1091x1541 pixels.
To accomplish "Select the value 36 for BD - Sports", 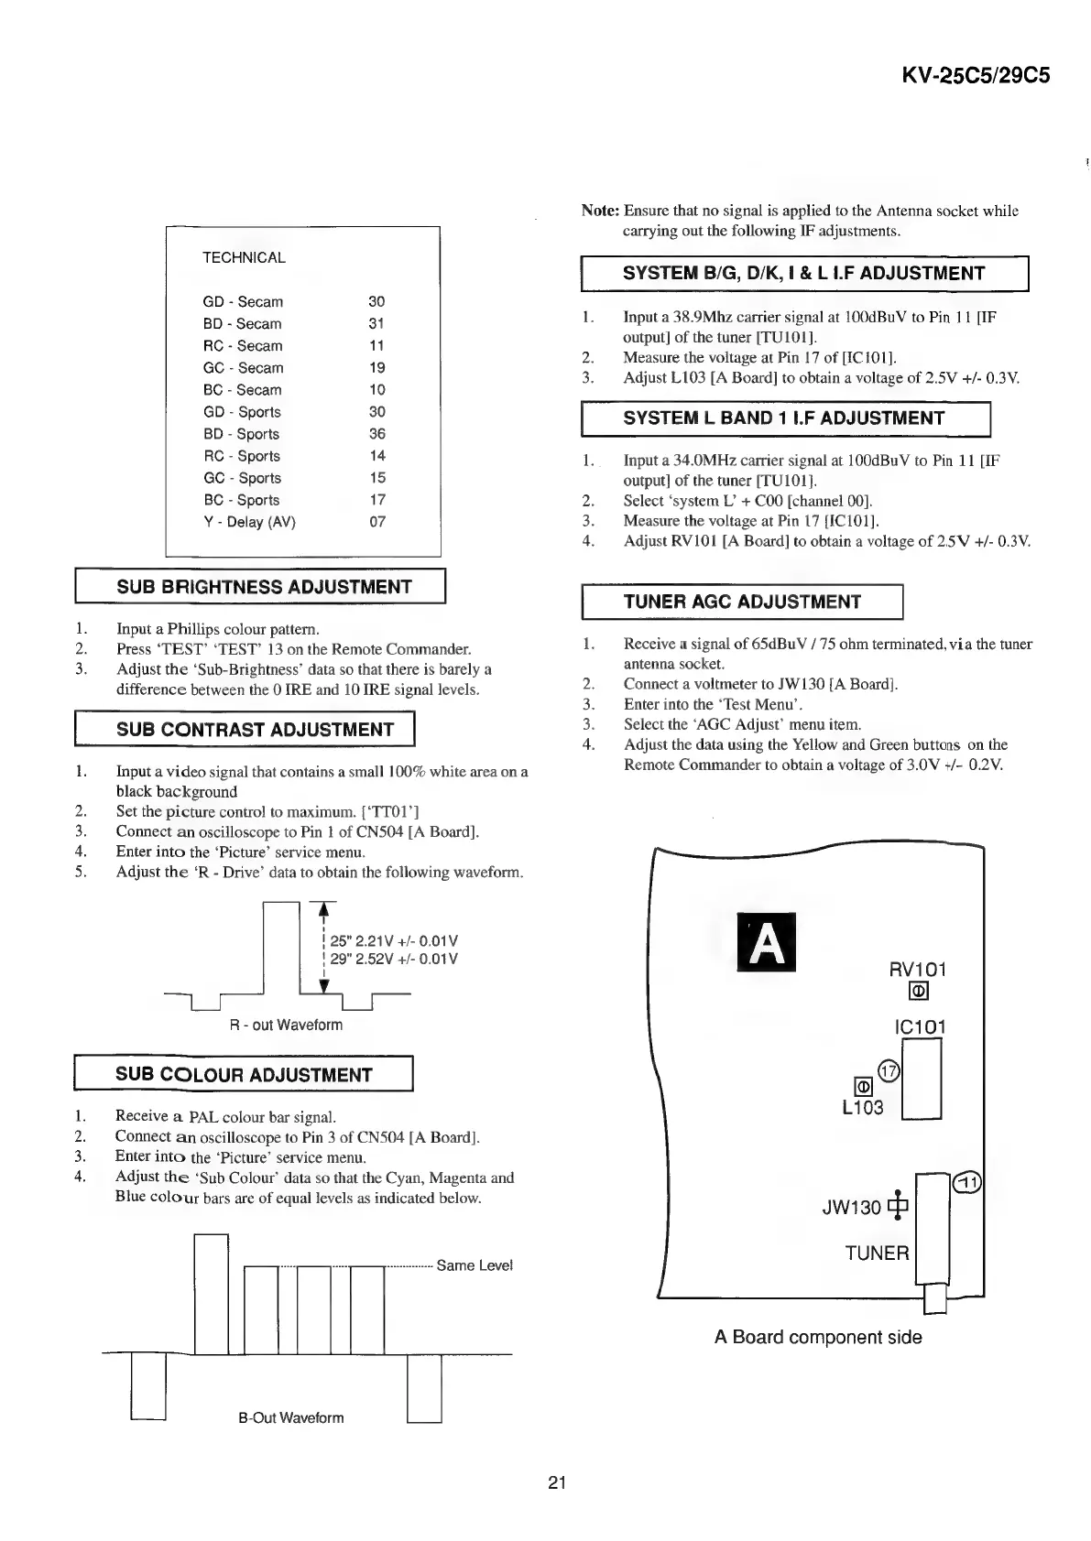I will [377, 434].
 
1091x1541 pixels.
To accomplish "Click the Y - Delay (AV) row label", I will [249, 522].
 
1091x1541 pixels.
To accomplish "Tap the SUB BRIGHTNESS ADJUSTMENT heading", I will [264, 587].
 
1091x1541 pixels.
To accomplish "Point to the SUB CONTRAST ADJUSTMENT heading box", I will [255, 730].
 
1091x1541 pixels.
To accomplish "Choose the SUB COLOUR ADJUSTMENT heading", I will [244, 1075].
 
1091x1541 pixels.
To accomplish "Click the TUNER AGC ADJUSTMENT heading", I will [742, 602].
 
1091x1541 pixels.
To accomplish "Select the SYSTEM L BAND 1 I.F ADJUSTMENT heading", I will [783, 418].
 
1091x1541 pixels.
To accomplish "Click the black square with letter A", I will [767, 942].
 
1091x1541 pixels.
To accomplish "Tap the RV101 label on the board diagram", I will [917, 970].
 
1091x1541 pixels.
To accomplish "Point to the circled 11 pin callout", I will [967, 1184].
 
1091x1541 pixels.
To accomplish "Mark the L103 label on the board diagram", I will [862, 1108].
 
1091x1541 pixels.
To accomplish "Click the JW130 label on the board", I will [851, 1208].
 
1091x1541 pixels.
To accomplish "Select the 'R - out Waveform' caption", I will [286, 1026].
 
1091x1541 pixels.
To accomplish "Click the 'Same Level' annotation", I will [475, 1265].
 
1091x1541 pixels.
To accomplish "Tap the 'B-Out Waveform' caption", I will [291, 1418].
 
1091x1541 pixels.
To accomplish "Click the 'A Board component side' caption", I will [818, 1337].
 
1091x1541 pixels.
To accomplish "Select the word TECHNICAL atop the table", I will [244, 258].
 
